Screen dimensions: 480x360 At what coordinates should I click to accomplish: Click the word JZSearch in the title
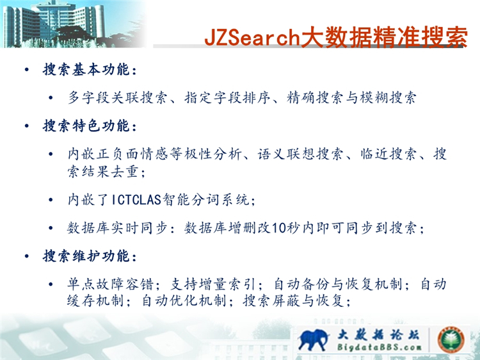coord(252,37)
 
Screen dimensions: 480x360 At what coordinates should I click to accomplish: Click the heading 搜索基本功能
coord(86,69)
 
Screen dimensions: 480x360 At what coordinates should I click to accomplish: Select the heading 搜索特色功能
coord(86,126)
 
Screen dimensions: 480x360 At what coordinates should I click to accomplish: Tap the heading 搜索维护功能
coord(86,256)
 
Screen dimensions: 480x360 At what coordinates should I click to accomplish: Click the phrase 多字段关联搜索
coord(117,98)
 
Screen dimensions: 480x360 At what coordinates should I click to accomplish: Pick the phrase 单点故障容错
coord(110,284)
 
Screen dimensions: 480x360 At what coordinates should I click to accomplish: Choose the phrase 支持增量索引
coord(212,284)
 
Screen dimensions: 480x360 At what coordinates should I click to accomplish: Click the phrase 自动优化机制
coord(184,300)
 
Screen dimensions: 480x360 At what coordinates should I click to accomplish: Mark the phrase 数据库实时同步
coord(117,228)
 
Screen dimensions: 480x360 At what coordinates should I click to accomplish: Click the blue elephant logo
coord(313,339)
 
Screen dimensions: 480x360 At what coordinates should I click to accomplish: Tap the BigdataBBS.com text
coord(380,347)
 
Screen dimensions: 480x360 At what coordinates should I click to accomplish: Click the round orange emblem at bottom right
coord(451,340)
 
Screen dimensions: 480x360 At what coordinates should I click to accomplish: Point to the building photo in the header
coord(74,24)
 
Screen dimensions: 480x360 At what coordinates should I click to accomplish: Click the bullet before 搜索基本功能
coord(27,70)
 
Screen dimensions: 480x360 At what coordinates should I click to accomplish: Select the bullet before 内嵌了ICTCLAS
coord(51,200)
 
